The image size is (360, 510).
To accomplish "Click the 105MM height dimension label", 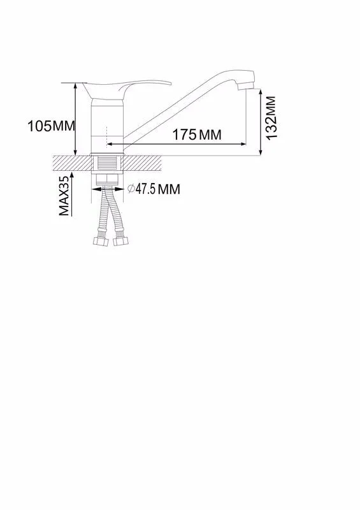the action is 51,126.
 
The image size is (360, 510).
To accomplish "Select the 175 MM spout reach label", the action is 196,135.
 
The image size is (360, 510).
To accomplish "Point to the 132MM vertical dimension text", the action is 271,118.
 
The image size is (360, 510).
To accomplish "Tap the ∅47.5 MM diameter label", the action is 154,189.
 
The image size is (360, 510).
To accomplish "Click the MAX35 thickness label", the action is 64,196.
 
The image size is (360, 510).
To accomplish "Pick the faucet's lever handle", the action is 126,88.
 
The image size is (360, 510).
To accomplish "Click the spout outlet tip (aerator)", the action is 247,86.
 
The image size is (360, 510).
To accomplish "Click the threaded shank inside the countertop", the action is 107,163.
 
